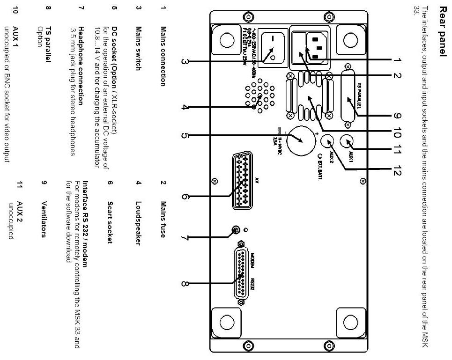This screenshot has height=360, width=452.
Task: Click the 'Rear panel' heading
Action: point(441,29)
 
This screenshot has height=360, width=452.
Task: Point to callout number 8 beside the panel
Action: point(185,283)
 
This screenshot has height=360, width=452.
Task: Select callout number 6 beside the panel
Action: point(185,197)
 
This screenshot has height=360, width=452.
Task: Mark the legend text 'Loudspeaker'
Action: point(138,223)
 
